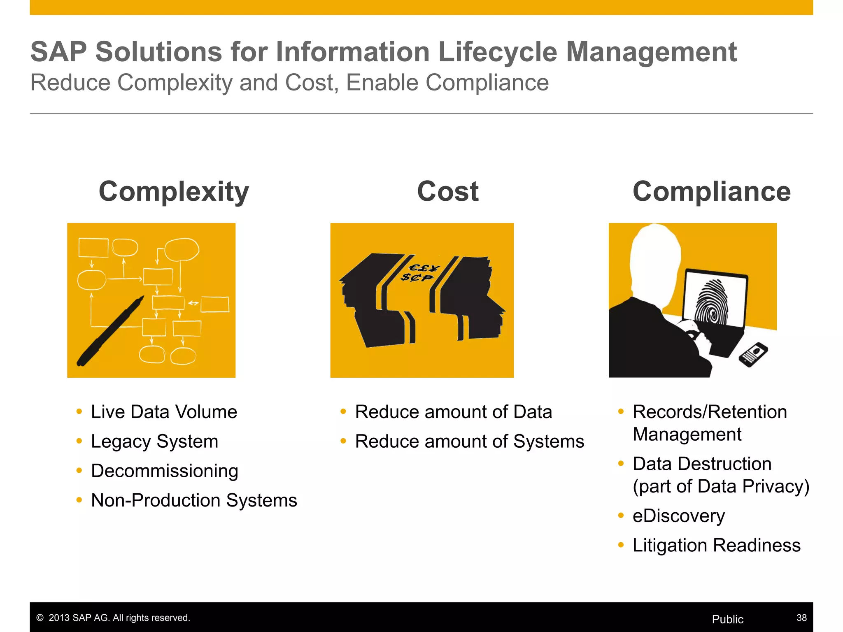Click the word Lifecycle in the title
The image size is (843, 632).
pos(498,52)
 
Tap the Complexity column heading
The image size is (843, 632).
pos(174,192)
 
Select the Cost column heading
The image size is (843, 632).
pos(448,192)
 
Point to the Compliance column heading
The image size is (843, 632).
pos(712,192)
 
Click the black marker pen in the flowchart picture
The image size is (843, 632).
pos(110,331)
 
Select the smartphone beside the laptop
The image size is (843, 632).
pos(753,354)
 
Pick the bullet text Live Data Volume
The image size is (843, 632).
pos(164,412)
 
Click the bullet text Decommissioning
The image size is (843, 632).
pos(165,471)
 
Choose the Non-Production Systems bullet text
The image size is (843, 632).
pos(194,500)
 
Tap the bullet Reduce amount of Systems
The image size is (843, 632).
pos(469,441)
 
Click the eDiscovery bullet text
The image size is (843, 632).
pos(678,516)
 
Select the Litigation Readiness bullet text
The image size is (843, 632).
pos(716,546)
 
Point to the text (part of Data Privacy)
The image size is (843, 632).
pos(721,486)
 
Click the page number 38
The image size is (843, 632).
pos(801,618)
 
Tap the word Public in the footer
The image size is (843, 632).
pos(727,619)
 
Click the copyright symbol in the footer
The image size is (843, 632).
pos(40,618)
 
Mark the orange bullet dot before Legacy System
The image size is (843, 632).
pos(79,441)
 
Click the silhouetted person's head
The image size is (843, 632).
pos(654,259)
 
